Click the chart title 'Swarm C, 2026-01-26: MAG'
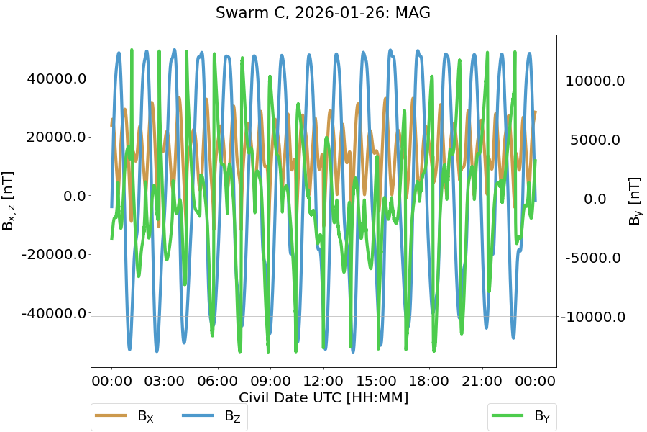click(323, 13)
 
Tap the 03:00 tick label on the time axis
click(165, 379)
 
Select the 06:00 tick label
click(218, 379)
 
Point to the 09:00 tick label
click(270, 379)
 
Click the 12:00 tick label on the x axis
click(323, 379)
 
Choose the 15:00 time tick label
click(377, 379)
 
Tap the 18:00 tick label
click(429, 379)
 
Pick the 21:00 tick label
click(482, 379)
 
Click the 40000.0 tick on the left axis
click(56, 78)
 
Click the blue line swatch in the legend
click(198, 415)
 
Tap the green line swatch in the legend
click(508, 415)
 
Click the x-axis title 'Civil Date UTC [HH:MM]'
click(323, 397)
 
